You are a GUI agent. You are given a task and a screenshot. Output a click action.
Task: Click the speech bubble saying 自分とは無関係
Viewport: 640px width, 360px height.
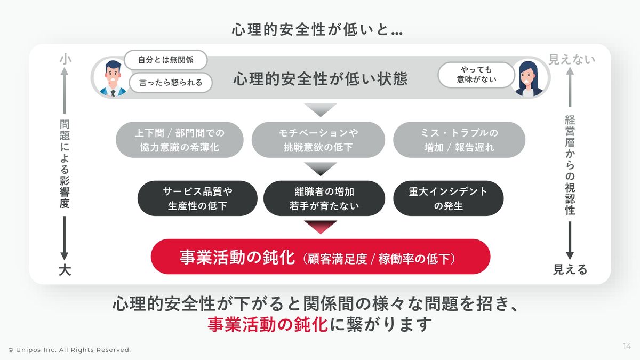(165, 60)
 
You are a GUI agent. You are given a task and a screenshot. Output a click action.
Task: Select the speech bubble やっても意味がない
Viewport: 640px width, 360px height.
(476, 75)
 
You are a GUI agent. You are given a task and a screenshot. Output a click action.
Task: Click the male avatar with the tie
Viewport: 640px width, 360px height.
(113, 77)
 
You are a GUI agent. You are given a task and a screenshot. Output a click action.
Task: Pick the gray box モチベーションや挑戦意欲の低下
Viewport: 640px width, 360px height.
(318, 140)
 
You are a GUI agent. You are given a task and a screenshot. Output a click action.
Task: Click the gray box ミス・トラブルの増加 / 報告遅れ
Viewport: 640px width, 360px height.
(459, 140)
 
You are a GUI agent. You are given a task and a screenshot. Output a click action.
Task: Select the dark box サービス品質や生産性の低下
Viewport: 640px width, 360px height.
(197, 198)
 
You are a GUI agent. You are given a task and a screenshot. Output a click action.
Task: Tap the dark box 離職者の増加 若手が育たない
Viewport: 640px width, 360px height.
(324, 198)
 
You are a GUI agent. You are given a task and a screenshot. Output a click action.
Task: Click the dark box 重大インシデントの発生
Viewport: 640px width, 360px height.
(448, 198)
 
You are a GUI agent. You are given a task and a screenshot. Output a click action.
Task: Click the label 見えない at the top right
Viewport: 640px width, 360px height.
(572, 59)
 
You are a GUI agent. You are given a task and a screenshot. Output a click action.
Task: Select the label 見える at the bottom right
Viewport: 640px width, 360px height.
(570, 270)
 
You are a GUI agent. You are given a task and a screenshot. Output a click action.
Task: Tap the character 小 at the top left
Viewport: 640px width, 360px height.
(65, 60)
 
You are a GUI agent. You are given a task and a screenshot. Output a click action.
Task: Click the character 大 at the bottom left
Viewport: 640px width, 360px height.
(65, 270)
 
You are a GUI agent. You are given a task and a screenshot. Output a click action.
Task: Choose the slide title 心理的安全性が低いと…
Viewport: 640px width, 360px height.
(317, 30)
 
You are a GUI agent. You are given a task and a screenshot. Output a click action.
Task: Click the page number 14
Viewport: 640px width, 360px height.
(627, 347)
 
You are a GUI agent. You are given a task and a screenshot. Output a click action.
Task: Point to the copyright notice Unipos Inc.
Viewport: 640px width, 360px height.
(69, 350)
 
